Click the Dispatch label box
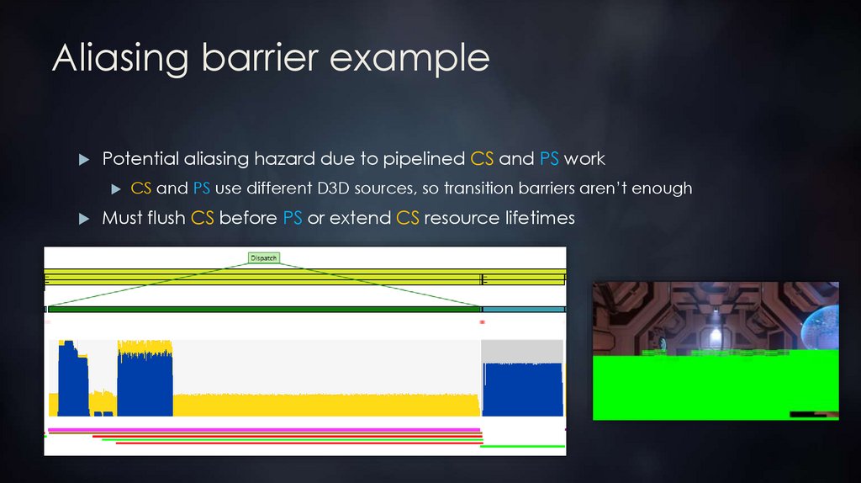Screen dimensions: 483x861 (263, 258)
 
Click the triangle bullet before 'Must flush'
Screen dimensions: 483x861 (83, 219)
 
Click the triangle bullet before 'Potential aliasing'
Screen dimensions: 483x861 (83, 159)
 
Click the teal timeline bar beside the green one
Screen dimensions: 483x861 (522, 310)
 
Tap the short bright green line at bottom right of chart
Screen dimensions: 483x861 (522, 446)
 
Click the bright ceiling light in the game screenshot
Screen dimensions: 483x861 (716, 336)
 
